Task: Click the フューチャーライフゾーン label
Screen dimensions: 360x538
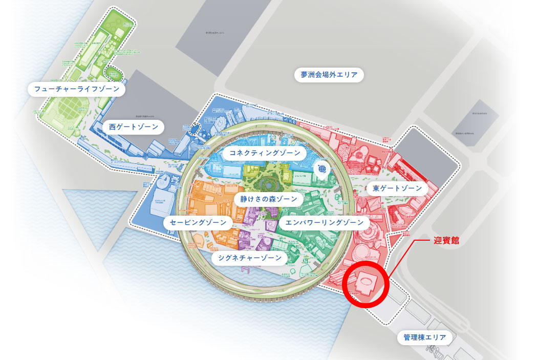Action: (x=77, y=90)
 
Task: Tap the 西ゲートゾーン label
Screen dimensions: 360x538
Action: (x=133, y=126)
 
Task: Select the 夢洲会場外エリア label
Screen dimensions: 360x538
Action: (x=329, y=75)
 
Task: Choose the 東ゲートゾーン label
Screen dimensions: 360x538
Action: (x=397, y=188)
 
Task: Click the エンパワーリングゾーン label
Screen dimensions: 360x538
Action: (x=324, y=223)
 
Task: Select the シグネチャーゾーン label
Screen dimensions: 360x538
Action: (x=249, y=258)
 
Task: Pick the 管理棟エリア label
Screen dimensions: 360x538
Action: (x=425, y=337)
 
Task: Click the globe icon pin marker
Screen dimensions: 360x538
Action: (x=322, y=168)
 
